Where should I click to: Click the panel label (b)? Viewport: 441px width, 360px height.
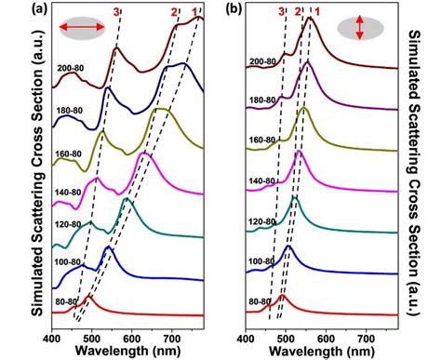(x=227, y=10)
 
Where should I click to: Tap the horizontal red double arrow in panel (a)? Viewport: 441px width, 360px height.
(x=82, y=31)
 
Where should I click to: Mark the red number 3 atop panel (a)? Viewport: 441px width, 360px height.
(x=116, y=11)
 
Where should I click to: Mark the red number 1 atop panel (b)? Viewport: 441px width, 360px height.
(x=317, y=11)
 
